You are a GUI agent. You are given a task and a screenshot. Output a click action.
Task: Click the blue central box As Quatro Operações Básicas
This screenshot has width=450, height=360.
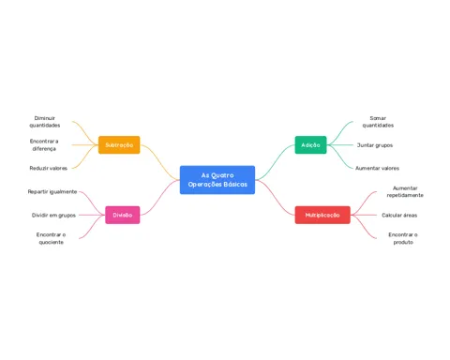217,180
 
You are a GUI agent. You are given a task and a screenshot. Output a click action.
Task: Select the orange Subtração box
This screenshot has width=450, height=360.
119,145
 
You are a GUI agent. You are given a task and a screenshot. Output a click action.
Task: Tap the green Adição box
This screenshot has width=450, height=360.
310,145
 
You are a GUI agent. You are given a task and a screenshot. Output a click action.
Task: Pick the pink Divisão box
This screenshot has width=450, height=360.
123,215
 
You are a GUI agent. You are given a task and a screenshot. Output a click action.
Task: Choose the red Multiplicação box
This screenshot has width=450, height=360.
322,215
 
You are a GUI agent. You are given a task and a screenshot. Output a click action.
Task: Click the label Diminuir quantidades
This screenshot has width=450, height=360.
45,122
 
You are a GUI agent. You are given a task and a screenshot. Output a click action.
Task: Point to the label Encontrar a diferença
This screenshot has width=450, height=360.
44,144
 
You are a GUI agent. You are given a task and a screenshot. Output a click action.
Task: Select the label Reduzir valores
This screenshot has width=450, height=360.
49,168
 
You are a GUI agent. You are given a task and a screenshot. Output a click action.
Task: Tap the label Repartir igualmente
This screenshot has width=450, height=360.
52,191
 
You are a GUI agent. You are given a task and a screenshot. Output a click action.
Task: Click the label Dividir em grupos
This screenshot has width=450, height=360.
53,215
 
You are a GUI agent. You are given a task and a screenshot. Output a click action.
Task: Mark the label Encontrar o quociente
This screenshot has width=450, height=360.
51,238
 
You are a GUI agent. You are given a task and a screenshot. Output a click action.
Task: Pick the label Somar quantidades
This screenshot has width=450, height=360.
378,122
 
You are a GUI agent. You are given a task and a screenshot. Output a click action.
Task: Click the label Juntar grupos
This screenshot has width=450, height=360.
375,145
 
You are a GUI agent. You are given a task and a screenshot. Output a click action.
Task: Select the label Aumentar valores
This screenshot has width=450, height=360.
377,168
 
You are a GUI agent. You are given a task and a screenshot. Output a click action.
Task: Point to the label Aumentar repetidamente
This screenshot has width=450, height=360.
405,191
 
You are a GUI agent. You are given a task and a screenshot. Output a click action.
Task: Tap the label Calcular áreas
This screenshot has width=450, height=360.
399,215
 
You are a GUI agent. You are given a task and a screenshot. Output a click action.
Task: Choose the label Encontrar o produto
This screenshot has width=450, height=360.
403,238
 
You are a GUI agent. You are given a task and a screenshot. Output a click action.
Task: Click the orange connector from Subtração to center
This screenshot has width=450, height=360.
160,162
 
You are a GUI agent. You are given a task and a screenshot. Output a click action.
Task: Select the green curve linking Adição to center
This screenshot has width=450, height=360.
275,162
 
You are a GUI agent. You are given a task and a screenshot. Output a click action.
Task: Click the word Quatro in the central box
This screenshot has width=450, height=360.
222,175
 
